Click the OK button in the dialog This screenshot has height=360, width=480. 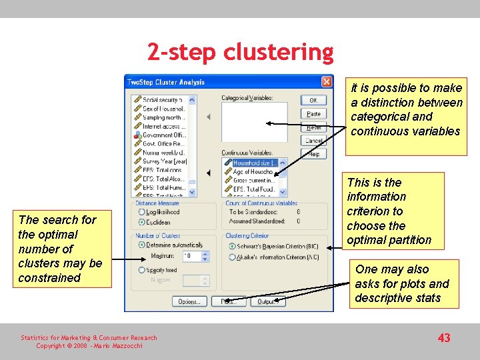click(x=313, y=100)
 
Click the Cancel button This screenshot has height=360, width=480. click(x=313, y=141)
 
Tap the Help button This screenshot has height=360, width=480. click(x=313, y=154)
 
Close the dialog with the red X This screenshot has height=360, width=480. click(x=326, y=82)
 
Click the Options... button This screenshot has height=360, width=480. click(x=189, y=302)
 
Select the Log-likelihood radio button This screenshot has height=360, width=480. click(x=141, y=212)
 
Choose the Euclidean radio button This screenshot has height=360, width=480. click(x=141, y=222)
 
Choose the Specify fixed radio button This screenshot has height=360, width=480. click(x=141, y=270)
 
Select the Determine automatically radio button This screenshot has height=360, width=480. click(x=141, y=245)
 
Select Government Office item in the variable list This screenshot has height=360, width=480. click(x=164, y=135)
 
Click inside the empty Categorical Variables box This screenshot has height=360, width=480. click(x=254, y=121)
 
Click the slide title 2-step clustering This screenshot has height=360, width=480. click(x=240, y=52)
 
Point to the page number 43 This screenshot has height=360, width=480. click(x=444, y=338)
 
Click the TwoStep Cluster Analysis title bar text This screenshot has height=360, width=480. click(x=166, y=82)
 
